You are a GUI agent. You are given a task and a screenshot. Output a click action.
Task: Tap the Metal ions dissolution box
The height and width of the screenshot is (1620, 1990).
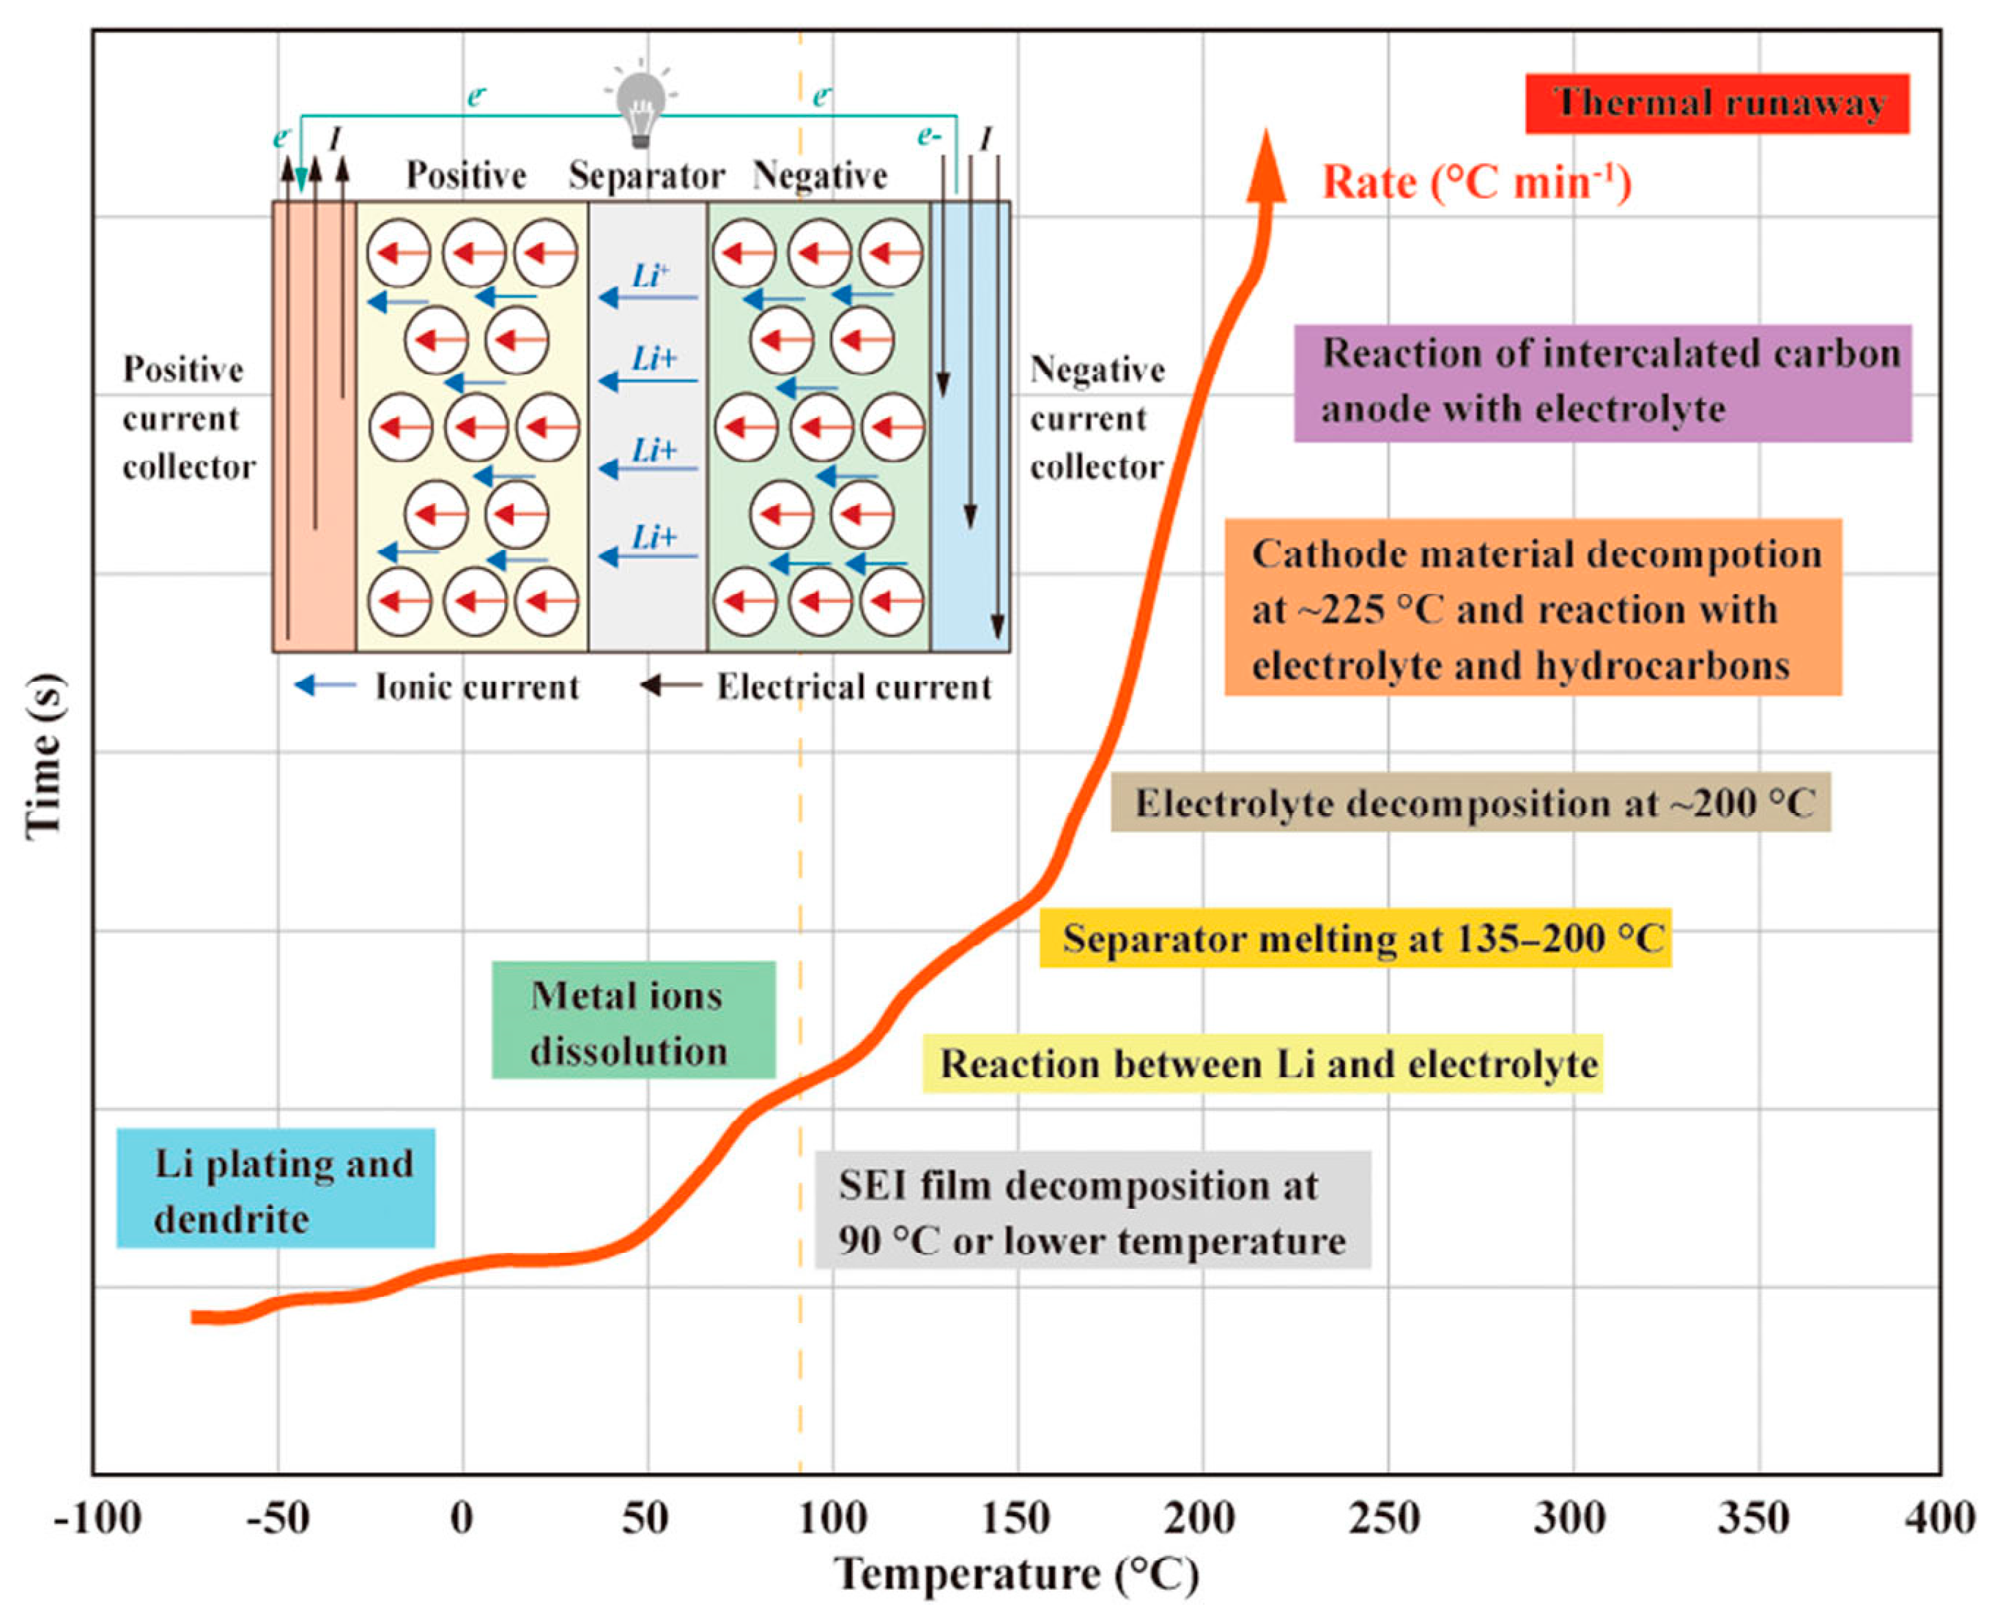[x=633, y=1020]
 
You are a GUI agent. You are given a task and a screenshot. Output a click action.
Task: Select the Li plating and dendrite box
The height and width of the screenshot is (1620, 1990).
[x=275, y=1188]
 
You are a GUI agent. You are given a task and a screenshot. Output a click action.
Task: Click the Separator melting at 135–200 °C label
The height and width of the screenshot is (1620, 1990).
[x=1355, y=938]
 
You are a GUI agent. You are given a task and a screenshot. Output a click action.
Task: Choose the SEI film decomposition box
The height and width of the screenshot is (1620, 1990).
[x=1091, y=1210]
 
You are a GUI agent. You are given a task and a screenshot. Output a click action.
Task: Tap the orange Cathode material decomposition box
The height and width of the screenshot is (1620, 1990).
[x=1532, y=608]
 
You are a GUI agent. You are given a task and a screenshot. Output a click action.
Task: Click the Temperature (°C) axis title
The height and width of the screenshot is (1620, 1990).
[x=1016, y=1575]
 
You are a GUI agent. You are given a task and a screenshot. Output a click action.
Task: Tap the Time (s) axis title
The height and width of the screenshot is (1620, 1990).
[x=45, y=756]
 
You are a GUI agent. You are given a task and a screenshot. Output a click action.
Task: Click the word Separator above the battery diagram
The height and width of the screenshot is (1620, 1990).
[x=646, y=175]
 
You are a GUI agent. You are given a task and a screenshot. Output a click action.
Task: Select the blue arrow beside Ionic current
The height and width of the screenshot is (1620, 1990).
[x=324, y=686]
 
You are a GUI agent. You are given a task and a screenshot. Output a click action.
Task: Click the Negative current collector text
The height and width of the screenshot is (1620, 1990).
[x=1097, y=418]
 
